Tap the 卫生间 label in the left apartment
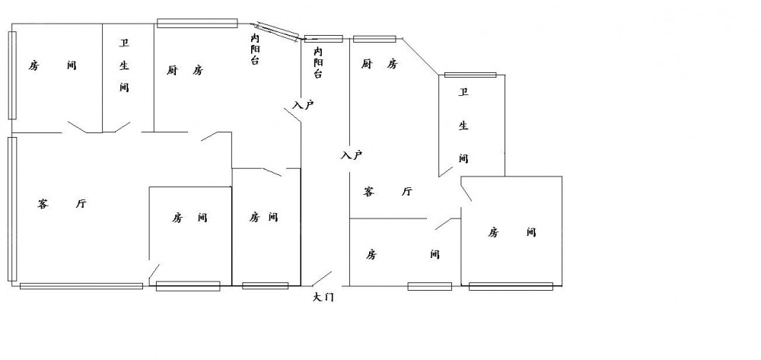pyautogui.click(x=124, y=65)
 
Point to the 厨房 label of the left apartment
pyautogui.click(x=185, y=71)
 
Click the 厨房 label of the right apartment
pyautogui.click(x=380, y=64)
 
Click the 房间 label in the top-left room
pyautogui.click(x=53, y=65)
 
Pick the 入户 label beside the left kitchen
pyautogui.click(x=303, y=105)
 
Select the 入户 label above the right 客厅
pyautogui.click(x=351, y=155)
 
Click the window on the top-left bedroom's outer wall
pyautogui.click(x=12, y=75)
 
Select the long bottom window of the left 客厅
pyautogui.click(x=81, y=286)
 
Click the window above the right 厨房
pyautogui.click(x=374, y=39)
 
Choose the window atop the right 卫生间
pyautogui.click(x=470, y=75)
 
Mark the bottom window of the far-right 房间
pyautogui.click(x=511, y=286)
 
